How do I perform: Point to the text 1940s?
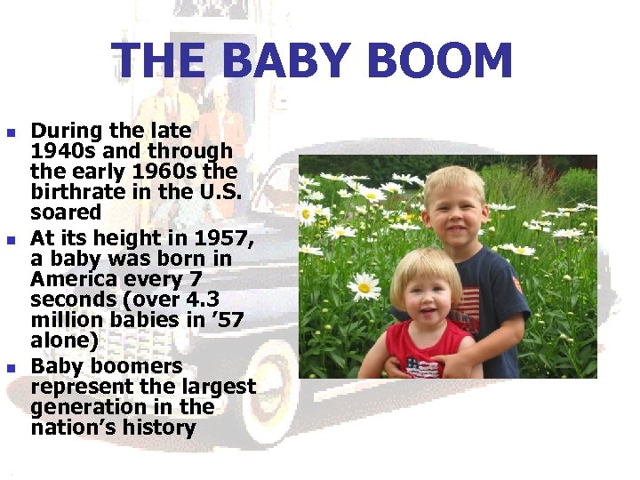pos(60,151)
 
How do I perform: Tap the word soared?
pos(66,212)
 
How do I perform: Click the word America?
pos(73,279)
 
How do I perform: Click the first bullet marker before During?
pos(12,133)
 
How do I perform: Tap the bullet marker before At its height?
pos(12,241)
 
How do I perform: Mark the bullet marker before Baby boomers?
pos(12,368)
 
